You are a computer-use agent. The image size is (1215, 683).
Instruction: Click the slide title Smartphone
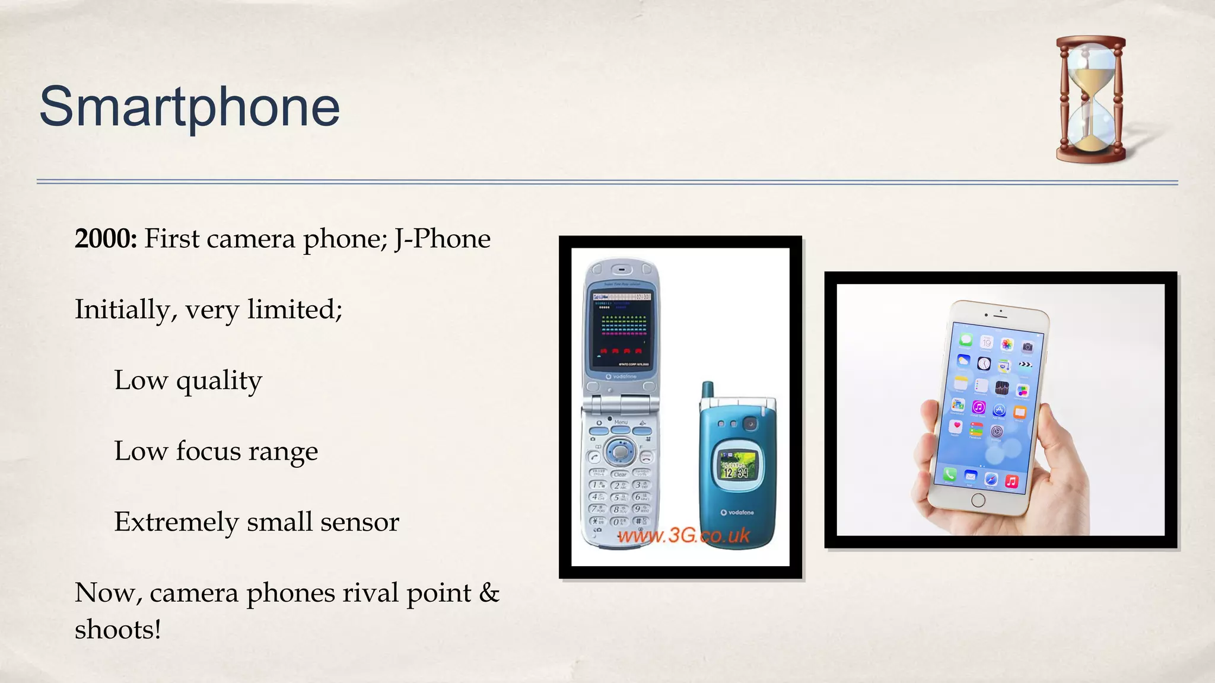pyautogui.click(x=190, y=107)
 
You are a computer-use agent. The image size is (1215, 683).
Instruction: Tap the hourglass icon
pyautogui.click(x=1090, y=99)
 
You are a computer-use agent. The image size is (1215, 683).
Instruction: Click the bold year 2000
pyautogui.click(x=106, y=239)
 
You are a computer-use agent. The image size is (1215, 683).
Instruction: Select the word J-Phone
pyautogui.click(x=443, y=239)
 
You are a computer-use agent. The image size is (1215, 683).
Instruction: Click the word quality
pyautogui.click(x=219, y=381)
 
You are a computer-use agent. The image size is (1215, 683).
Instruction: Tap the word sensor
pyautogui.click(x=360, y=522)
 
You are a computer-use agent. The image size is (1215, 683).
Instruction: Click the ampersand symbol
pyautogui.click(x=489, y=592)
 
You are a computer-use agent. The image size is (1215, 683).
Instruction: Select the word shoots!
pyautogui.click(x=118, y=630)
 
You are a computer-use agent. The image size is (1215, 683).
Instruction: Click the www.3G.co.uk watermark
pyautogui.click(x=683, y=536)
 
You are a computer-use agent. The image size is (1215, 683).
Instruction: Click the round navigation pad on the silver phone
pyautogui.click(x=620, y=452)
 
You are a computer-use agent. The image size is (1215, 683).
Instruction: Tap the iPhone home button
pyautogui.click(x=978, y=500)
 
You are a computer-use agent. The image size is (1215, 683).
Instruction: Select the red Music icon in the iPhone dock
pyautogui.click(x=1012, y=481)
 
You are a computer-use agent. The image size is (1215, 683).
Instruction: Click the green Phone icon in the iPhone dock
pyautogui.click(x=950, y=474)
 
